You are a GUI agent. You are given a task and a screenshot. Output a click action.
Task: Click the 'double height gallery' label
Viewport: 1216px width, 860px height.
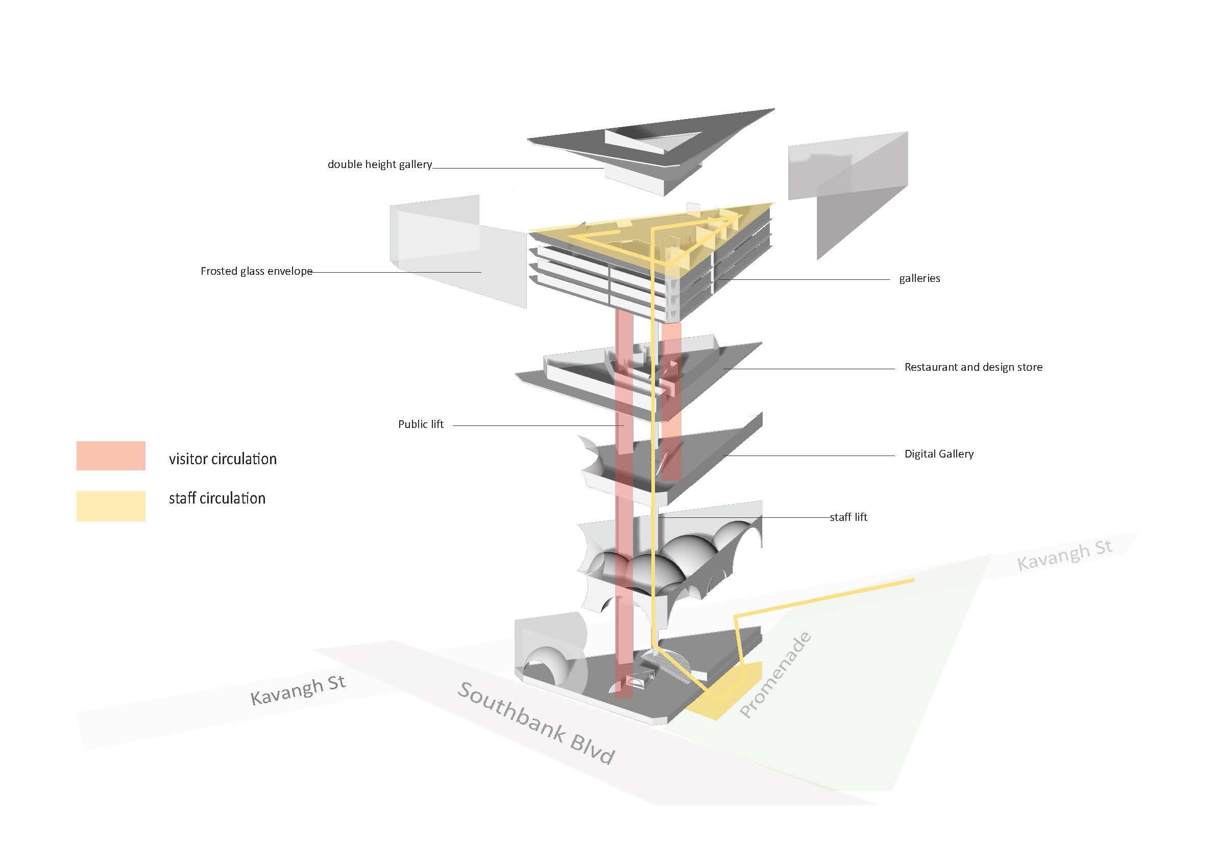point(379,165)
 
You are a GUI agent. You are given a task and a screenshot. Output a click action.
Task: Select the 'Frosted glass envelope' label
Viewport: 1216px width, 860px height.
point(256,271)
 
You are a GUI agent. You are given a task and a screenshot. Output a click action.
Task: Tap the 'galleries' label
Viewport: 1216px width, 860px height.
point(919,278)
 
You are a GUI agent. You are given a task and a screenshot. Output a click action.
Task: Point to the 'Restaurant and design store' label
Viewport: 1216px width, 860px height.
point(973,367)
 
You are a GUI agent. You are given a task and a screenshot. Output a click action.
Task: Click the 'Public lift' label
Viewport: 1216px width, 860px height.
point(421,424)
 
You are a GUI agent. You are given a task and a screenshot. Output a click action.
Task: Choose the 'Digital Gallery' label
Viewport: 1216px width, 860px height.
point(938,454)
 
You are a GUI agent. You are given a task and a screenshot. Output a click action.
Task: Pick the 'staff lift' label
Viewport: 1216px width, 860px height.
point(848,517)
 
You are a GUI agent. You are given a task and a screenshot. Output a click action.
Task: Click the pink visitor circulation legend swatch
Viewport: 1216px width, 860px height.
point(111,456)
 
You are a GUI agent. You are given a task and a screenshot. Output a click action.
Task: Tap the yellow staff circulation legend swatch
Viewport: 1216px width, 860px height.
point(111,506)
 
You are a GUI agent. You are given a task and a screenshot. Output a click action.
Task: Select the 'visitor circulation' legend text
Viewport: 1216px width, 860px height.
point(223,459)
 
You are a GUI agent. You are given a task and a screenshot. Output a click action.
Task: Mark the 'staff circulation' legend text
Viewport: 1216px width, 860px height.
point(217,498)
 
